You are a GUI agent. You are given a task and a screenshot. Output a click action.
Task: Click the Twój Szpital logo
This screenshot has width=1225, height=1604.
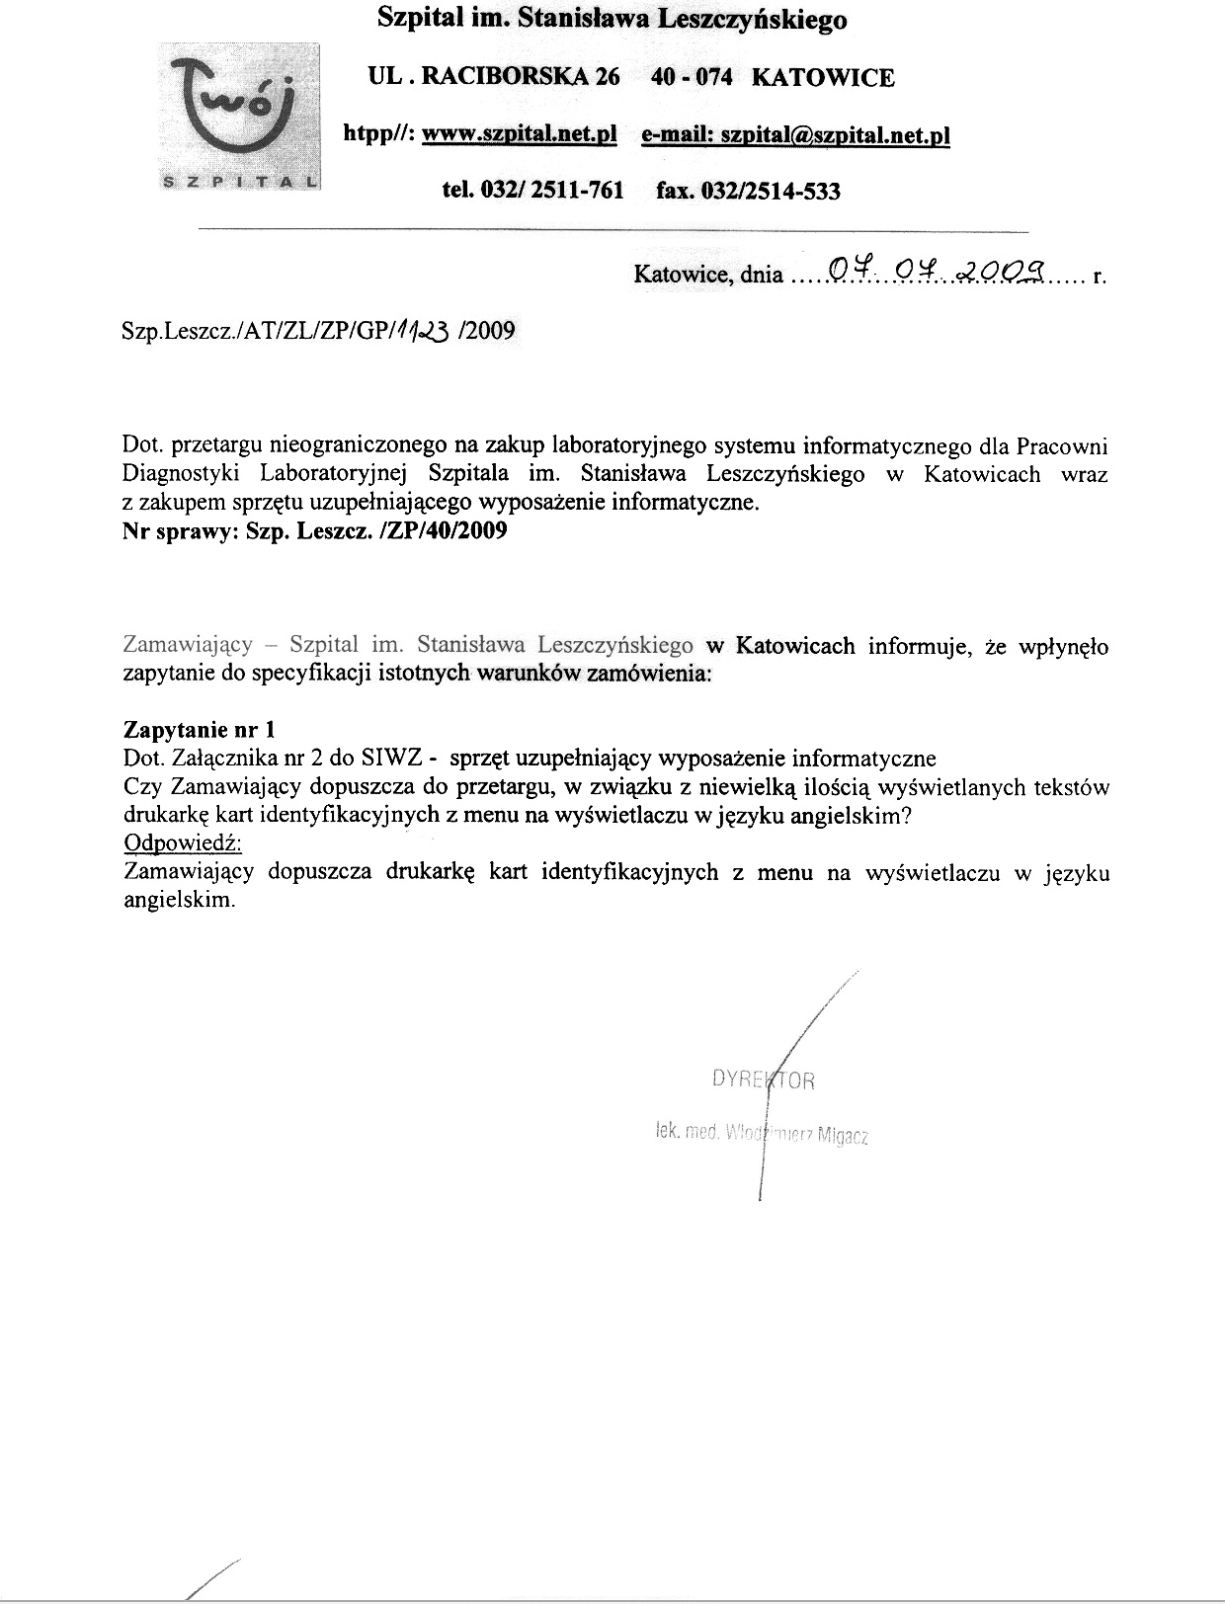click(x=241, y=116)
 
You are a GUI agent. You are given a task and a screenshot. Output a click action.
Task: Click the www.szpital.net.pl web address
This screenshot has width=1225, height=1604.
click(x=520, y=134)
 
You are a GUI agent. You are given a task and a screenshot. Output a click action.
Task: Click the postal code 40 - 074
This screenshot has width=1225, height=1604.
click(x=692, y=77)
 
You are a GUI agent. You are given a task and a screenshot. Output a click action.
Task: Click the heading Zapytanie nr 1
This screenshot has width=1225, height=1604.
click(x=199, y=729)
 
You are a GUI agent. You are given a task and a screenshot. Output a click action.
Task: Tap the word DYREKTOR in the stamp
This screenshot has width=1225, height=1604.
click(x=763, y=1079)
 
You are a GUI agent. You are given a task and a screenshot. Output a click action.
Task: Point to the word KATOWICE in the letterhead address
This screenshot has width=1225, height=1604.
click(x=823, y=77)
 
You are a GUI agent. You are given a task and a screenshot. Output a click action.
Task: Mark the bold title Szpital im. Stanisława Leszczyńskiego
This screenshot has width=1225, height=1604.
click(x=612, y=19)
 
